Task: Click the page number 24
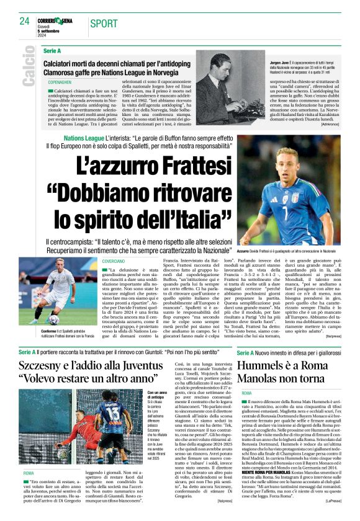coord(25,21)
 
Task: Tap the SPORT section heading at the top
coord(104,24)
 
